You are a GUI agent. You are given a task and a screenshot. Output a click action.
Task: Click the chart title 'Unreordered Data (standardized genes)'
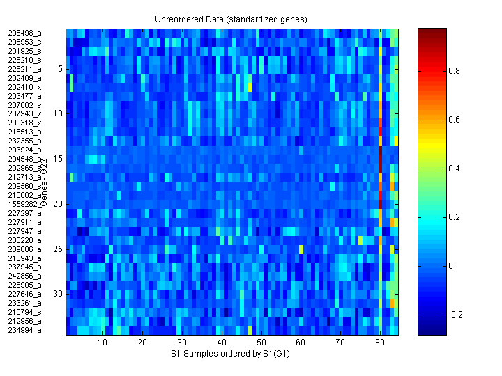tap(230, 18)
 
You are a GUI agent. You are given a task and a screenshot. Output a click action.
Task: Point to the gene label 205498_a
tap(24, 33)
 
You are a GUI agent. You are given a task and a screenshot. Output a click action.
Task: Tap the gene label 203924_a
tap(24, 150)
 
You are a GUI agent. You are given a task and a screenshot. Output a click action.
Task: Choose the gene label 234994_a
tap(24, 330)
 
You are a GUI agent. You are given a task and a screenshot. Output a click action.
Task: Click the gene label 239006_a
tap(24, 249)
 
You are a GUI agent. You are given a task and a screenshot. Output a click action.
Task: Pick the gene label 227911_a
tap(24, 221)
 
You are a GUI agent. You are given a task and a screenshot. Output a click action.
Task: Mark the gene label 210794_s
tap(24, 312)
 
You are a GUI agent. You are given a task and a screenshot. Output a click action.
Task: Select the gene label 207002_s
tap(24, 104)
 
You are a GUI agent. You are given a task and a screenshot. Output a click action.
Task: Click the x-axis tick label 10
tap(102, 343)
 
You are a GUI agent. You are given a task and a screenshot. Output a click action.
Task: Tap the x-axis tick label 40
tap(221, 343)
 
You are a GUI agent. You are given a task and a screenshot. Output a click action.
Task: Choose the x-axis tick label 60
tap(301, 343)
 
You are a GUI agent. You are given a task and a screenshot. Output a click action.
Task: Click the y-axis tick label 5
tap(61, 69)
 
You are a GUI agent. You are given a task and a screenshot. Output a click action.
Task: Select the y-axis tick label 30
tap(59, 294)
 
